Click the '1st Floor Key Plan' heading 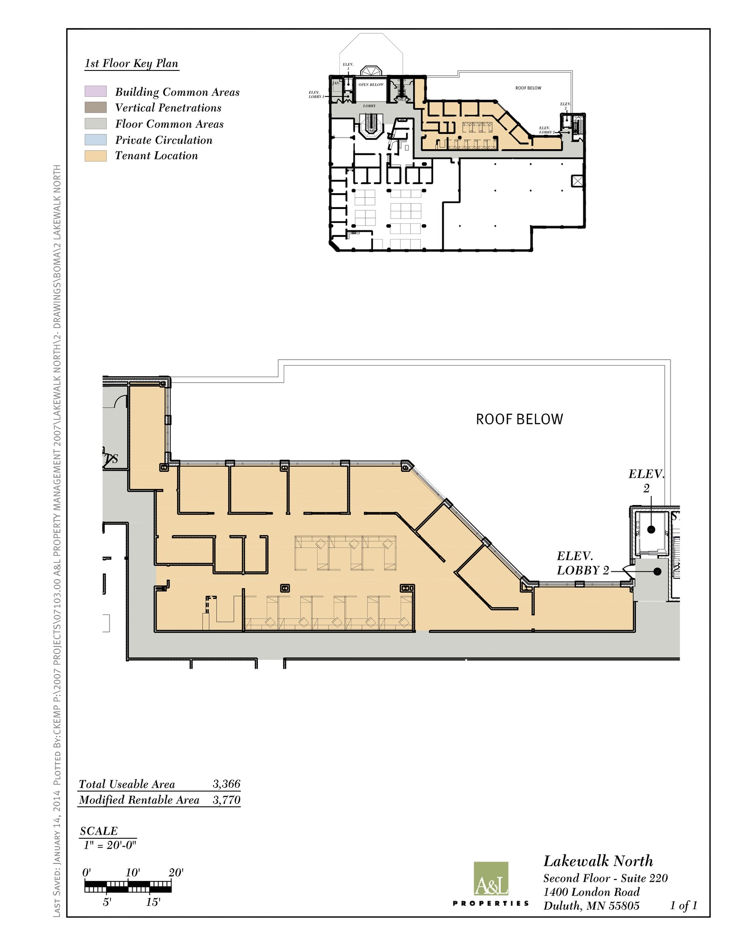131,63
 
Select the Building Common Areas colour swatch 96,91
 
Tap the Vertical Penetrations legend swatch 96,108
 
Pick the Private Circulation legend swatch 96,139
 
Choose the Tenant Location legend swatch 96,156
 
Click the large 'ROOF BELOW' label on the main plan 519,419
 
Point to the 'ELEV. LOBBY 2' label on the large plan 582,563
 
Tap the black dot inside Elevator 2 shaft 651,530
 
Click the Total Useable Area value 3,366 226,784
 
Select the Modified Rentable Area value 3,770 226,800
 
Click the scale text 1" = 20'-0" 110,845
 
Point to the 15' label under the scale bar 153,902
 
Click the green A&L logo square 491,879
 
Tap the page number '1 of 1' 683,905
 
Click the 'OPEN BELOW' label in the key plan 371,85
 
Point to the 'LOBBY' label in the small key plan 370,106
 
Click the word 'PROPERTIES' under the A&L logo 491,903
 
